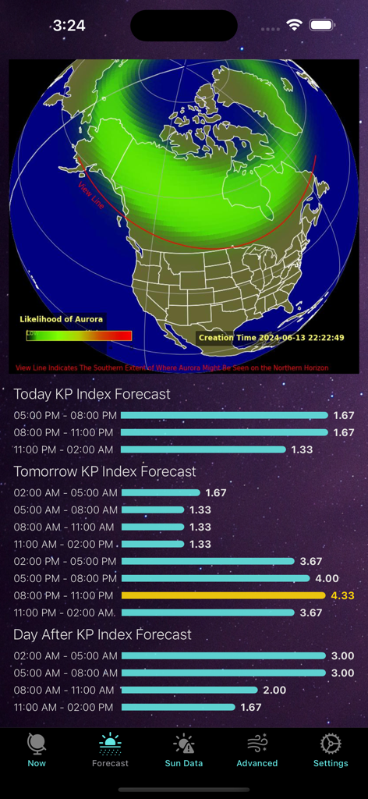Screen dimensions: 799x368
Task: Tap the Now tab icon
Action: (x=37, y=744)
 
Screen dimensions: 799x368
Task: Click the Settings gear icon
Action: (x=331, y=744)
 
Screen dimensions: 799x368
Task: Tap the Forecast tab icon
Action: (x=110, y=744)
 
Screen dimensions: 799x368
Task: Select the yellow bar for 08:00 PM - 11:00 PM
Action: (x=223, y=595)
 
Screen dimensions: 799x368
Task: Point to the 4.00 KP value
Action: (x=327, y=578)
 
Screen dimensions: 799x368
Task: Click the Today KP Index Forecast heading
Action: (x=92, y=394)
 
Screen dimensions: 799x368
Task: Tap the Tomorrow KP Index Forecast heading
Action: (x=104, y=471)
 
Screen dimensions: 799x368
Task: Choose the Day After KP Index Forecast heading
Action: (x=102, y=634)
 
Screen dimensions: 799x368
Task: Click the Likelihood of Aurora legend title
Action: (x=61, y=319)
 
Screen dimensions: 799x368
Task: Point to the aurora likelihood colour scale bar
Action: (x=79, y=336)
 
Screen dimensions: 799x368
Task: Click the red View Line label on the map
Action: (x=90, y=195)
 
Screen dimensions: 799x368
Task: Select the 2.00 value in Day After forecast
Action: (x=274, y=690)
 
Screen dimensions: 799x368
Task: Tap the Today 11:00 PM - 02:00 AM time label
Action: (x=63, y=449)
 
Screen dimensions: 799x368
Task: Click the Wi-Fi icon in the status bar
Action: (x=294, y=25)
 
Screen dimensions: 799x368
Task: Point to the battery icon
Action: (x=322, y=25)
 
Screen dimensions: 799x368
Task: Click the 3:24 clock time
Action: (x=69, y=26)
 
